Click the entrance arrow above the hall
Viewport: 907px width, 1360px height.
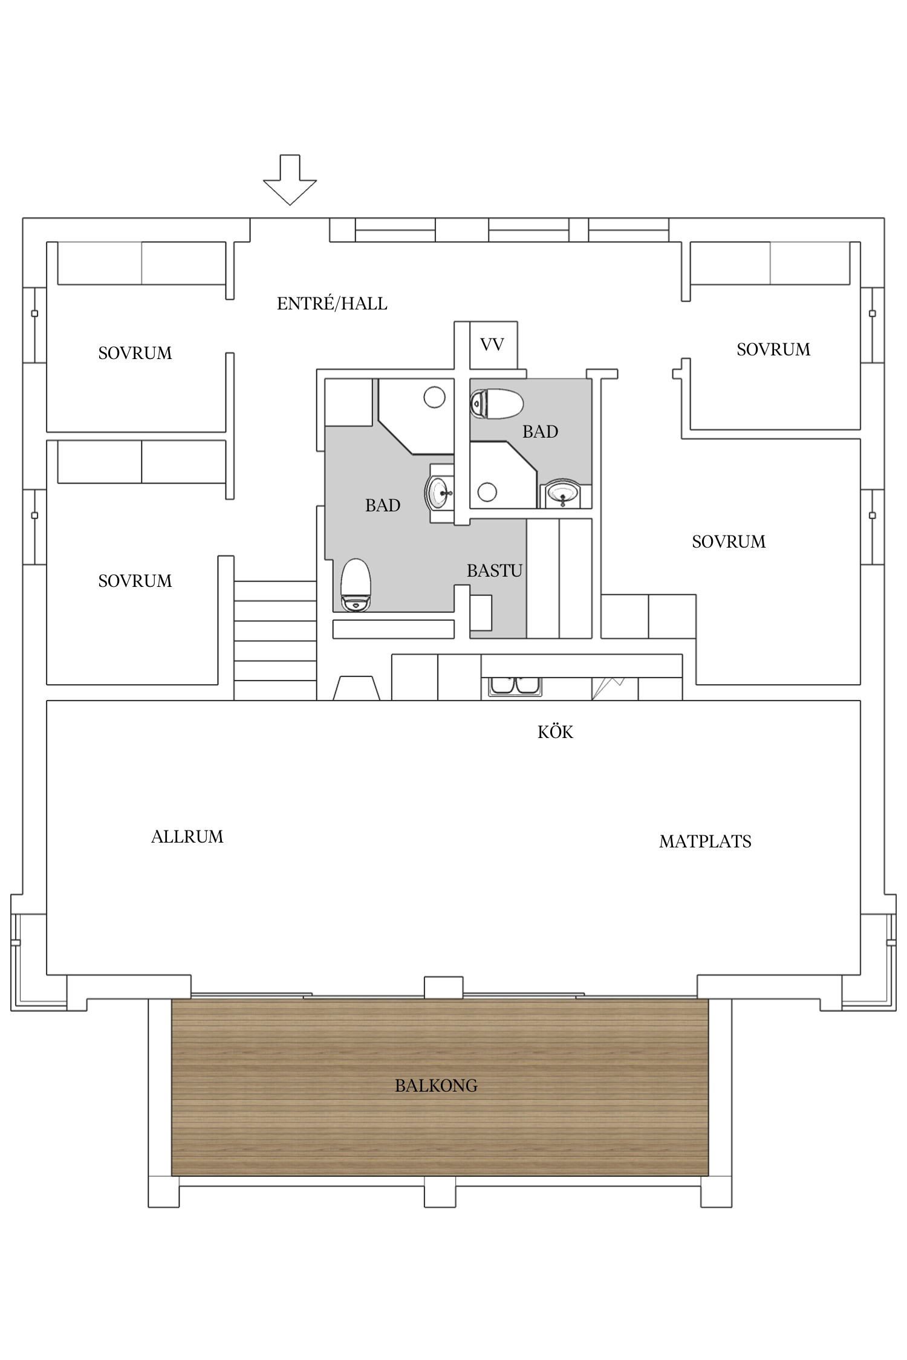coord(290,181)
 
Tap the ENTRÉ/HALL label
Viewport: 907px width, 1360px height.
coord(332,303)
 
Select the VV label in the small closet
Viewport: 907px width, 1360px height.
coord(492,345)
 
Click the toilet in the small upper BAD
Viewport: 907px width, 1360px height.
coord(496,404)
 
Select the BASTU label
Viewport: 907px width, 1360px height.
coord(494,571)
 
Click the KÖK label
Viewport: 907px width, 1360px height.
coord(555,732)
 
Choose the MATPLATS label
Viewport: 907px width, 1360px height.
coord(705,841)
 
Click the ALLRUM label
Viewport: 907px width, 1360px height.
coord(187,837)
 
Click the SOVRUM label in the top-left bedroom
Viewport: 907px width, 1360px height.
coord(135,353)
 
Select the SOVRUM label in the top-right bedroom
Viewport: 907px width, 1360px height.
coord(773,349)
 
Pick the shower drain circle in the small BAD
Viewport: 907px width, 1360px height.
coord(487,491)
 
